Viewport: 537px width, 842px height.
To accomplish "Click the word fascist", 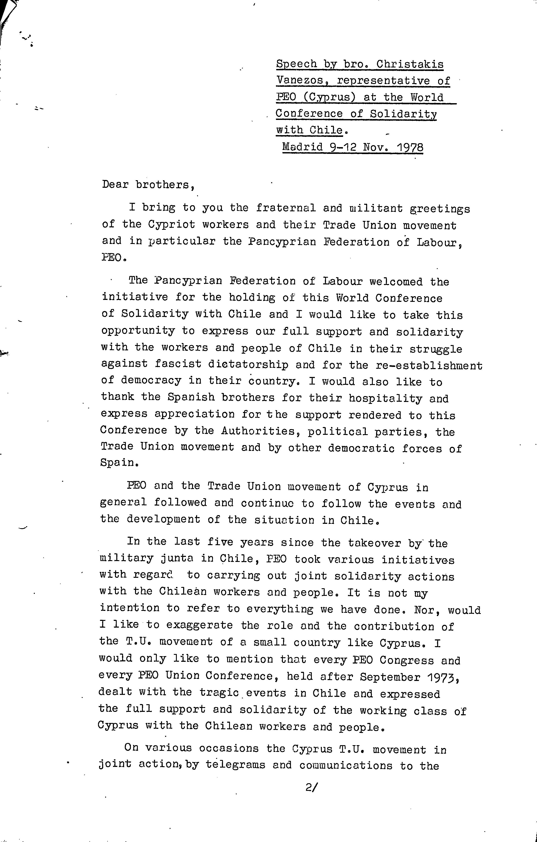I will pos(178,364).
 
